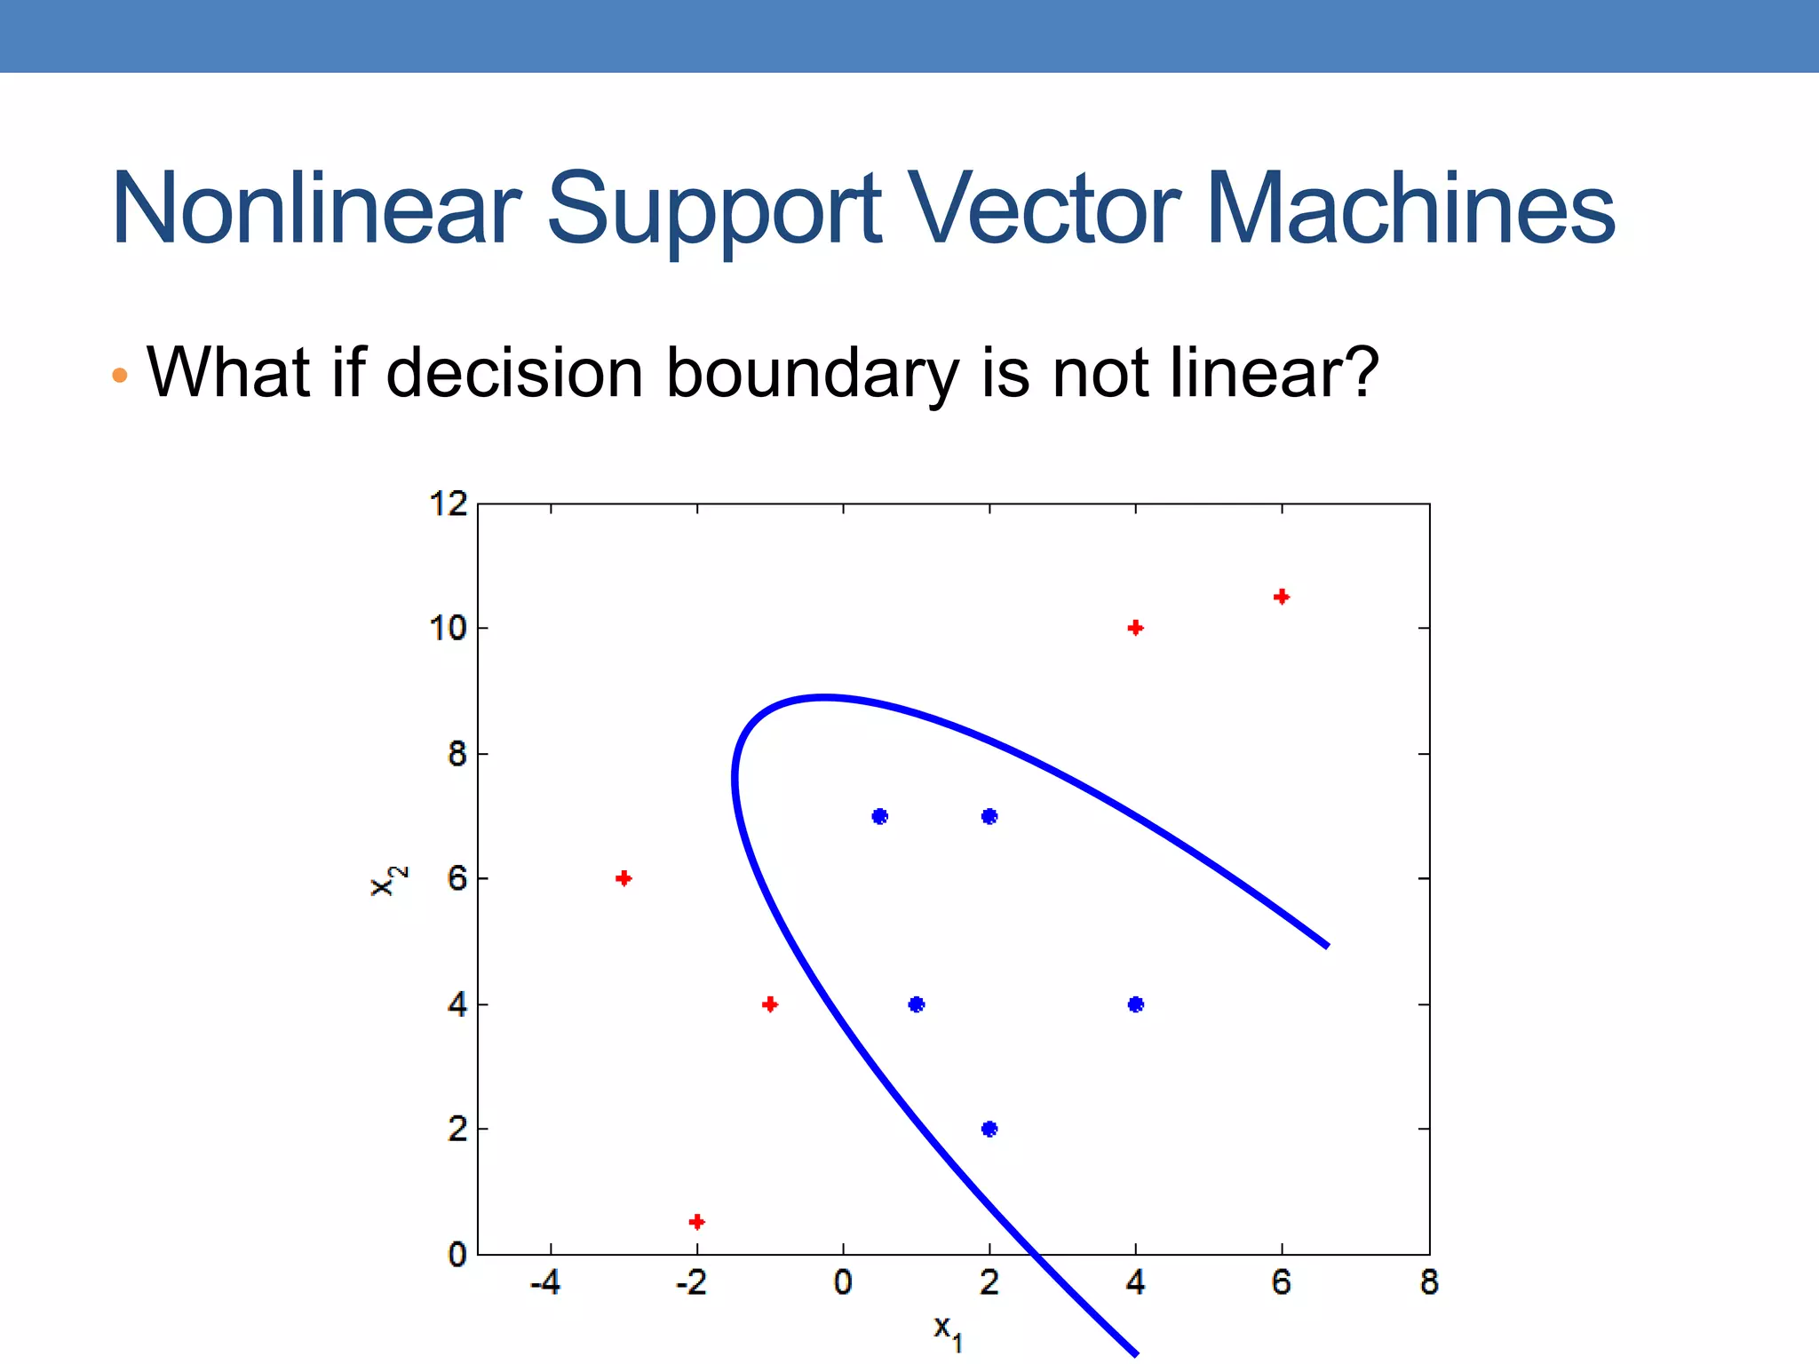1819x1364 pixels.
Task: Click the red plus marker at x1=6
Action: (x=1281, y=597)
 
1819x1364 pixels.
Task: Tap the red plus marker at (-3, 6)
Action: (x=624, y=878)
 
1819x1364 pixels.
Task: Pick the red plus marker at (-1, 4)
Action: (x=770, y=1004)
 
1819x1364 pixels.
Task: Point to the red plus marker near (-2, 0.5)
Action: (x=697, y=1222)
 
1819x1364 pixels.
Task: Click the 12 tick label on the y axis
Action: (x=449, y=504)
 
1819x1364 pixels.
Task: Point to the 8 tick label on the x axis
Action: (x=1428, y=1282)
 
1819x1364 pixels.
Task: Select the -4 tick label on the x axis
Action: (x=545, y=1282)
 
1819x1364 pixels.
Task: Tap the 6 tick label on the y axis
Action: (x=457, y=879)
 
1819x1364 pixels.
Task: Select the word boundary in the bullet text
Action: (x=812, y=373)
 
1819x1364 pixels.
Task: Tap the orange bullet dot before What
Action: (x=120, y=376)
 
